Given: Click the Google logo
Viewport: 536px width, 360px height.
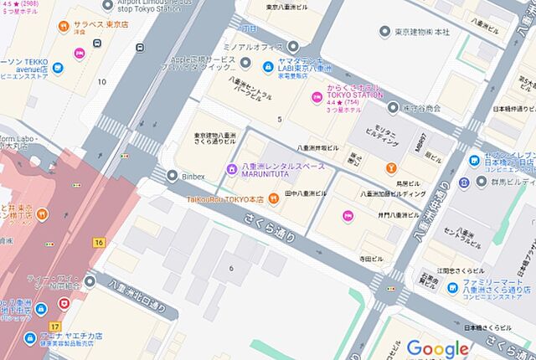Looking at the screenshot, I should click(x=437, y=347).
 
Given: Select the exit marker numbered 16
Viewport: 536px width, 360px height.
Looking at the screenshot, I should click(x=99, y=243).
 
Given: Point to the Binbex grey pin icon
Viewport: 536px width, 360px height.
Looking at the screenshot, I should click(x=172, y=176).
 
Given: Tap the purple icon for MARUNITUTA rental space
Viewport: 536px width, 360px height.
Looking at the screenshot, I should click(x=232, y=171).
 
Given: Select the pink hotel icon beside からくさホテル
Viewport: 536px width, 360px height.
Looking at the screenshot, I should click(x=317, y=98).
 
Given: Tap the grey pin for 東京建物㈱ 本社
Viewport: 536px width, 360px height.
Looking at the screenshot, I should click(x=384, y=32).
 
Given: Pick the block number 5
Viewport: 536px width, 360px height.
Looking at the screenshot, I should click(x=280, y=119).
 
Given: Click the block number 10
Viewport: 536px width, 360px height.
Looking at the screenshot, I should click(x=102, y=81).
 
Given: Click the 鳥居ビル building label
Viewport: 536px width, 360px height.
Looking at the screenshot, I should click(x=408, y=183).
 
